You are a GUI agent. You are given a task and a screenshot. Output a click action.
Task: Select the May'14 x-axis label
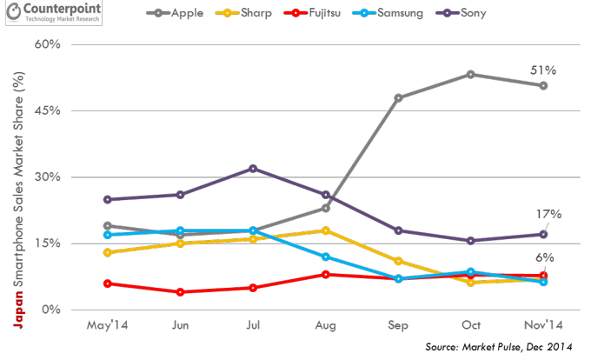[x=107, y=325]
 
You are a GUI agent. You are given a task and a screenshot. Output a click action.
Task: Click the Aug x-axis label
[x=325, y=325]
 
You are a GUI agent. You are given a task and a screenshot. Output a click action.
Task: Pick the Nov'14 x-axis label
[x=543, y=325]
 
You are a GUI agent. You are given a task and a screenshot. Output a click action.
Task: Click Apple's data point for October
[x=470, y=74]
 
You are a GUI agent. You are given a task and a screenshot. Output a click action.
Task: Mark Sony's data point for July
[x=252, y=168]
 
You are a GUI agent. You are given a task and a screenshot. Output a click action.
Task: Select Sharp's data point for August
[x=325, y=230]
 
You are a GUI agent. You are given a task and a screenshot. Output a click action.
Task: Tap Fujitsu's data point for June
[x=180, y=292]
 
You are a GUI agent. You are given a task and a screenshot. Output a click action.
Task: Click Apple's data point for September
[x=398, y=98]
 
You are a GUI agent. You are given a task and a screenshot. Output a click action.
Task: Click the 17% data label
[x=550, y=214]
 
